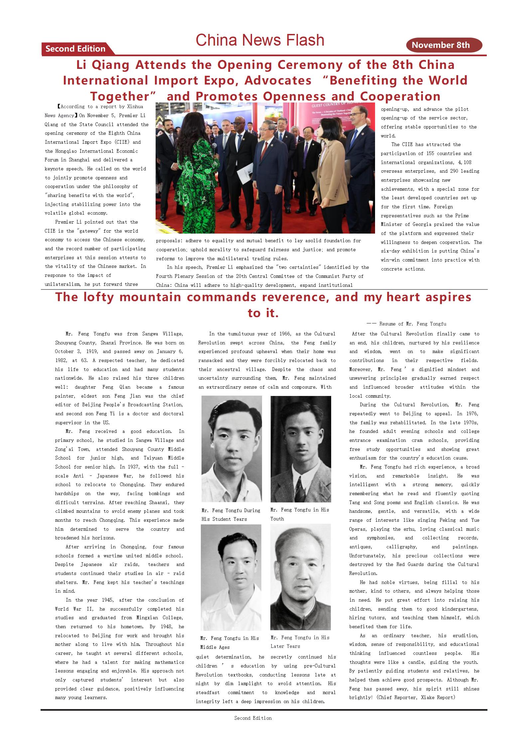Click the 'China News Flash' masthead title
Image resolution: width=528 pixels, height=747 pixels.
[260, 40]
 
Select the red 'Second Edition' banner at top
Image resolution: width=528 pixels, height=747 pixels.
[75, 49]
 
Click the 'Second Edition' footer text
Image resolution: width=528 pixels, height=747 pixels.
[253, 718]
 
